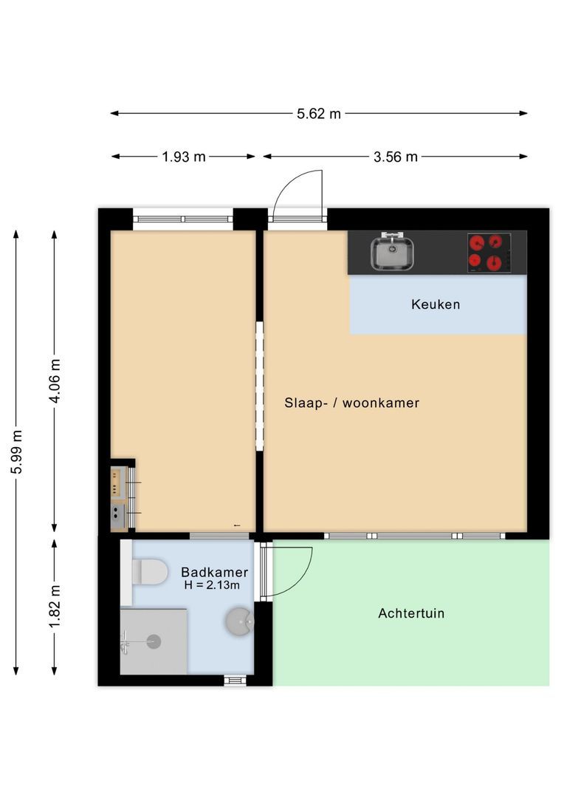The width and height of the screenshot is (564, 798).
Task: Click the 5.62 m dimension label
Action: pos(319,114)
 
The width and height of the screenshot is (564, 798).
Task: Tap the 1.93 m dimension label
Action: pos(183,157)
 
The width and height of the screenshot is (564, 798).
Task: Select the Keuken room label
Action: pos(436,304)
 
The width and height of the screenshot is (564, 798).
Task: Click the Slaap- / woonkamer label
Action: pos(351,403)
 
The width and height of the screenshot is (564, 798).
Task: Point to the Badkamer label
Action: pos(214,572)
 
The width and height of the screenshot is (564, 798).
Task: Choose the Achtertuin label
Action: pos(410,613)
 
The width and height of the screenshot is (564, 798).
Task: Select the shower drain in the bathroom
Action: pos(154,641)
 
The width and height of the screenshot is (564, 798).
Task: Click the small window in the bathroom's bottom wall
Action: pos(235,681)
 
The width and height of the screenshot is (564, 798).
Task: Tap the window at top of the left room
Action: pos(182,219)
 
